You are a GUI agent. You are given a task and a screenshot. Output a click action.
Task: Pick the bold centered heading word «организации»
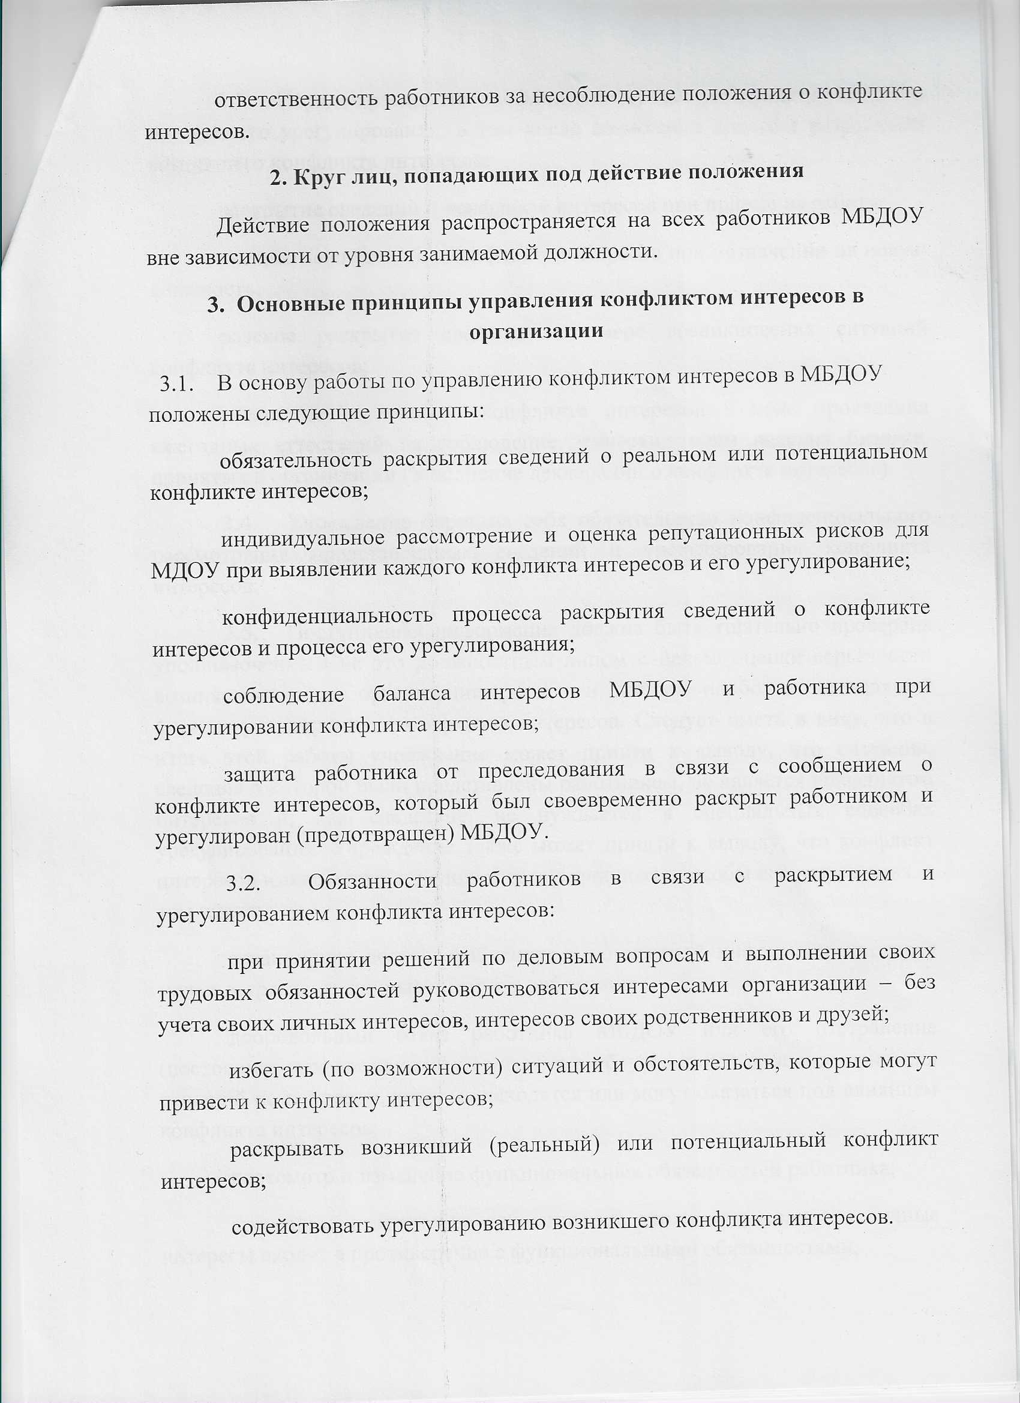click(536, 332)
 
